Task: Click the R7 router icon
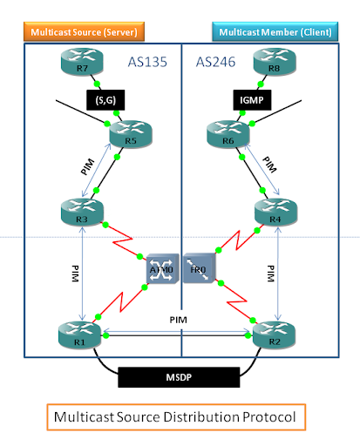pos(81,62)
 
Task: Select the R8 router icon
pos(271,62)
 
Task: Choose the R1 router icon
pos(81,334)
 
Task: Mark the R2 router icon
pos(271,334)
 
